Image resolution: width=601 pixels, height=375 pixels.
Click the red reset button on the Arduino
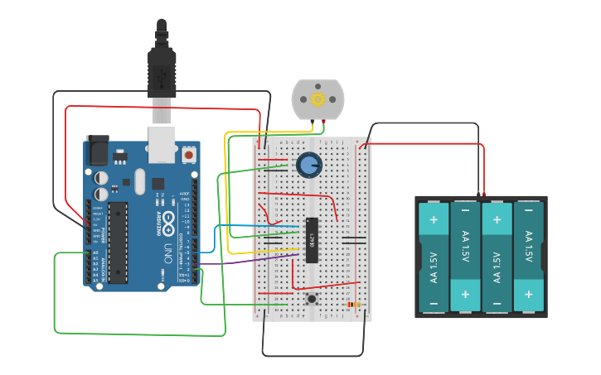point(189,154)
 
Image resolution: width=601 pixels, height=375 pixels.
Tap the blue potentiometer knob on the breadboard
point(309,164)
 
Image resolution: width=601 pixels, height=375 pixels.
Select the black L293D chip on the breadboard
point(313,240)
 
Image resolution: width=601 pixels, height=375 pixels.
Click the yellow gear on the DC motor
point(318,99)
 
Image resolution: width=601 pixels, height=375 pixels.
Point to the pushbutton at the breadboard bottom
point(312,298)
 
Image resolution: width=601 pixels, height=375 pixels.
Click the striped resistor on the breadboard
point(354,305)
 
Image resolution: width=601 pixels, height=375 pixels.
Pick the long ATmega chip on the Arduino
point(118,242)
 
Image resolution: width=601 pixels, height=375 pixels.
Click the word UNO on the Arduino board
point(167,252)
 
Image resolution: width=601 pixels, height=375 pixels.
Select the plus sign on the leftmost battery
point(434,219)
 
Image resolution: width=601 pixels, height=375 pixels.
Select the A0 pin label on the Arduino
point(95,253)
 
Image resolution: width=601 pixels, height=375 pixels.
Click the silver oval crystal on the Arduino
point(139,180)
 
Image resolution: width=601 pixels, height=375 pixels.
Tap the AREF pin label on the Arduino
point(185,194)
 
